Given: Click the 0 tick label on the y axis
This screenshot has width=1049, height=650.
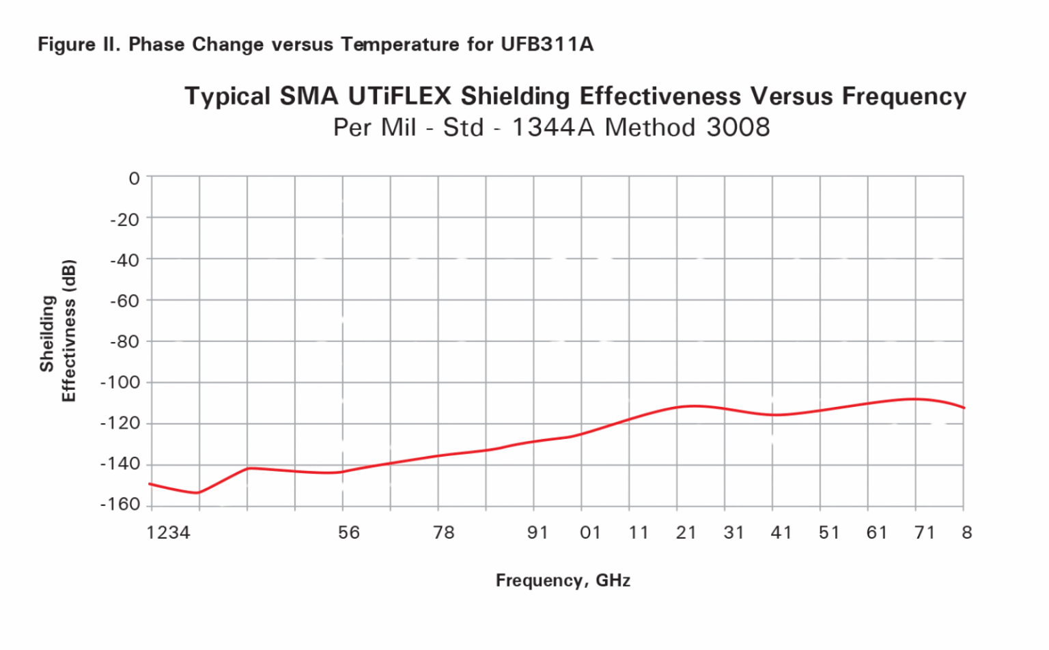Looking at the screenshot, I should coord(134,178).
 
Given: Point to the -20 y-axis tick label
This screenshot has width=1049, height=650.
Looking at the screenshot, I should coord(124,219).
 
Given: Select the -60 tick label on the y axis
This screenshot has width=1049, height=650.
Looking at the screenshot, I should coord(124,300).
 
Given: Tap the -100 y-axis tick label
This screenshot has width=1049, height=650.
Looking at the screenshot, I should coord(120,382).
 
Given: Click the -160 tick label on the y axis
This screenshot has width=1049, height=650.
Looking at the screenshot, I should coord(120,505).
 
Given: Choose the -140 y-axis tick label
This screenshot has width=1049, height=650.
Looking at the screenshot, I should coord(120,464).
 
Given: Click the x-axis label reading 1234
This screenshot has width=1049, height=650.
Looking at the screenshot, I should coord(168,533).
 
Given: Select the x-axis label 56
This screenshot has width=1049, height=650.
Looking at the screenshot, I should coord(349,533).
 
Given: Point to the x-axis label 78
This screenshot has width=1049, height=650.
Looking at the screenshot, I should coord(444,533).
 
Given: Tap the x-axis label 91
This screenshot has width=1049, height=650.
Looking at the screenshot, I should coord(538,533).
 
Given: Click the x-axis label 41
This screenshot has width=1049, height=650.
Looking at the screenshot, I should coord(781,533).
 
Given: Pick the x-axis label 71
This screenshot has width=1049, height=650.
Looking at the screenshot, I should coord(925,533).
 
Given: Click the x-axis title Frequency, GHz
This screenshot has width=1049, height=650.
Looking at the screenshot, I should coord(563,580).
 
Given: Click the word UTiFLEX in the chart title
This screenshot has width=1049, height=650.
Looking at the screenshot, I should coord(400,96).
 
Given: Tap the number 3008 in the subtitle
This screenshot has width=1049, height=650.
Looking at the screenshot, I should coord(738,127).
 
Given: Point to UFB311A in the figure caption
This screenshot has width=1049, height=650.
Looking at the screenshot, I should coord(547,44).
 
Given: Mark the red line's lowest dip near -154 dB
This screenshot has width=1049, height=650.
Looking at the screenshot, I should coord(198,493).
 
